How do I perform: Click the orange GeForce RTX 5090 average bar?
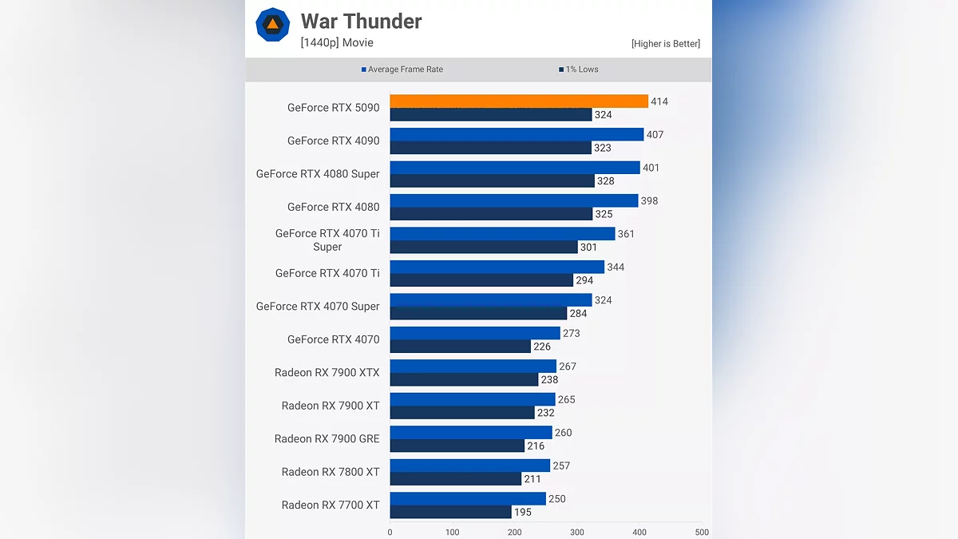click(x=519, y=101)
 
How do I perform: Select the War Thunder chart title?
click(x=361, y=22)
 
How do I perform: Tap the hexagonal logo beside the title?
click(x=272, y=25)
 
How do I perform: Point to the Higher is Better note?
click(x=665, y=44)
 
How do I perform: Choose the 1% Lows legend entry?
click(x=579, y=69)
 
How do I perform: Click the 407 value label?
click(x=655, y=135)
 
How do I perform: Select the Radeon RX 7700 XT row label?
click(x=331, y=505)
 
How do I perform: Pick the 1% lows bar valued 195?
click(x=450, y=512)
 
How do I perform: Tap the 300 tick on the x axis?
click(x=577, y=532)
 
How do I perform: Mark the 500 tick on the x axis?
click(x=702, y=532)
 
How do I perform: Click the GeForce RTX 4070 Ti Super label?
click(x=327, y=240)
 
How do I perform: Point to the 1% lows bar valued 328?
click(x=492, y=181)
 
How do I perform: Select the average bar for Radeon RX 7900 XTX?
click(x=473, y=367)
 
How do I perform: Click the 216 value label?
click(x=536, y=446)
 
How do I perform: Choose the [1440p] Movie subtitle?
click(x=337, y=43)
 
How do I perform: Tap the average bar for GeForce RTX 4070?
click(x=475, y=333)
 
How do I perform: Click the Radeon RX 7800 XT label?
click(x=331, y=472)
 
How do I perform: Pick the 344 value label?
click(x=616, y=268)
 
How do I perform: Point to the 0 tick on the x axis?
click(x=390, y=532)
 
